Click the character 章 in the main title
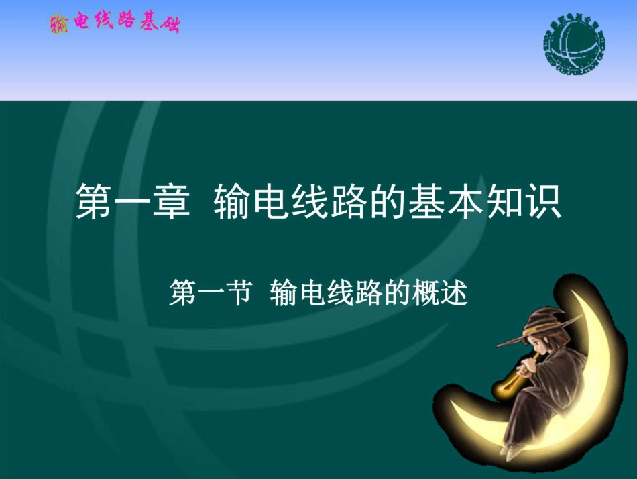pyautogui.click(x=168, y=202)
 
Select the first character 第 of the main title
pyautogui.click(x=94, y=202)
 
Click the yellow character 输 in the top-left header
pyautogui.click(x=58, y=24)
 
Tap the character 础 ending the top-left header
pyautogui.click(x=170, y=24)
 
